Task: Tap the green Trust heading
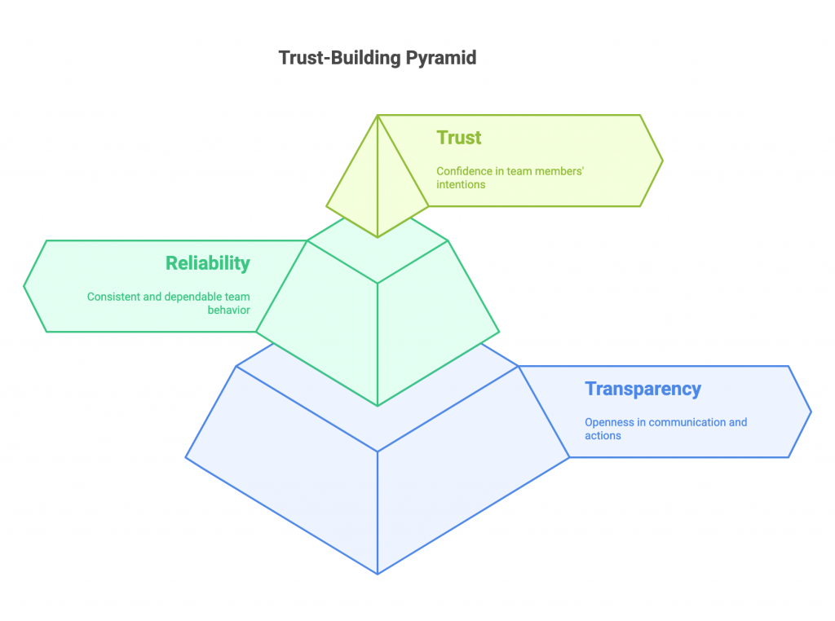tap(459, 138)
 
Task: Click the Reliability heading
tap(207, 263)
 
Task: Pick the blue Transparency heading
tap(643, 389)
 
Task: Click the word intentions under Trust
tap(461, 184)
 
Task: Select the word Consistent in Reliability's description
tap(113, 297)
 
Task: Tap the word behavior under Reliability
tap(228, 310)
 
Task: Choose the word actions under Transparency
tap(603, 435)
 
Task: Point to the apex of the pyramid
tap(378, 115)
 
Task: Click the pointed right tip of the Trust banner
tap(662, 161)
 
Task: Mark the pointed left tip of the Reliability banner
tap(24, 286)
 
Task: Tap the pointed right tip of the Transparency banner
tap(811, 412)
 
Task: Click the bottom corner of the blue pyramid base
tap(378, 574)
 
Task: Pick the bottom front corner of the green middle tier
tap(378, 405)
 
